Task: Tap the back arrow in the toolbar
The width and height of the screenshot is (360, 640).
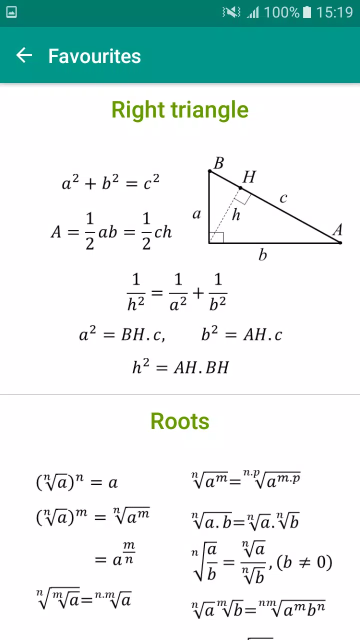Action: (24, 55)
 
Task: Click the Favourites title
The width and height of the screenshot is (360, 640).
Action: (94, 56)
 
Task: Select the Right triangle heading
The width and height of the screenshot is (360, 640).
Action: (180, 110)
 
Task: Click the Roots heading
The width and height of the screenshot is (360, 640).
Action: (180, 421)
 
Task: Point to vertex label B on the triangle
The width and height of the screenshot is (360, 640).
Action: (219, 163)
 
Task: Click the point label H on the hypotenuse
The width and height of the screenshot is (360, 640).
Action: (249, 176)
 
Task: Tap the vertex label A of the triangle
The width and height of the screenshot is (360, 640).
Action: (337, 229)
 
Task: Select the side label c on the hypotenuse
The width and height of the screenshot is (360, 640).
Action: (283, 197)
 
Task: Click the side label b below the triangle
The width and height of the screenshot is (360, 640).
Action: (262, 254)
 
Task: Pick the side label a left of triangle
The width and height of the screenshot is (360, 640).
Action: (196, 214)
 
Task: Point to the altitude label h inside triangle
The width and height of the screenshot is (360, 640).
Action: (236, 214)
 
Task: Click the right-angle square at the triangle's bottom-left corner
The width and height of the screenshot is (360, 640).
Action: (216, 237)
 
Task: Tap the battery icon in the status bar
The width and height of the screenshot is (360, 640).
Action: (307, 12)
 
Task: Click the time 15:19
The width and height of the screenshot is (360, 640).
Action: (334, 12)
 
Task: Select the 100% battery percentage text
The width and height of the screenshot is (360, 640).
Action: (281, 12)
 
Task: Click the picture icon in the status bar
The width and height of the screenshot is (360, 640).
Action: (11, 12)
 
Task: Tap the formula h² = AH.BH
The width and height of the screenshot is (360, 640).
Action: (180, 366)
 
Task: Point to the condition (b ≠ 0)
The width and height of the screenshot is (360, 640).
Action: (304, 562)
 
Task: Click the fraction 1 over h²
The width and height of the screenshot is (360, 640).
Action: (136, 292)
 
